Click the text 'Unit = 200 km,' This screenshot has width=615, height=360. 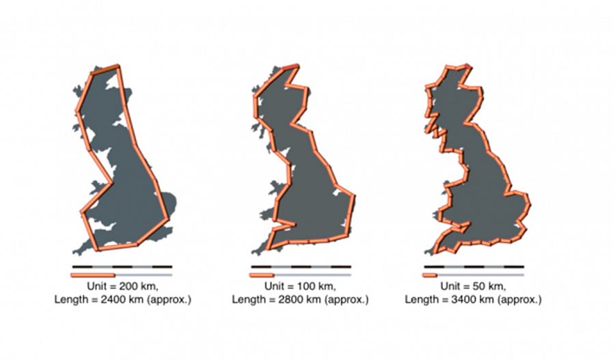pyautogui.click(x=123, y=286)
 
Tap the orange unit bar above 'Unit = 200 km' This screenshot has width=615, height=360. pyautogui.click(x=93, y=275)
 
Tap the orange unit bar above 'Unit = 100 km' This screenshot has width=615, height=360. pyautogui.click(x=262, y=275)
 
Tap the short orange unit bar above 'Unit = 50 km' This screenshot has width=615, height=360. pyautogui.click(x=430, y=275)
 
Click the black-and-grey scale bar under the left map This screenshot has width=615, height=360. pyautogui.click(x=122, y=266)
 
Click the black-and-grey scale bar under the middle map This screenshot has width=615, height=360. pyautogui.click(x=301, y=266)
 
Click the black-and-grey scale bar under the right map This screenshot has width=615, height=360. pyautogui.click(x=474, y=266)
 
